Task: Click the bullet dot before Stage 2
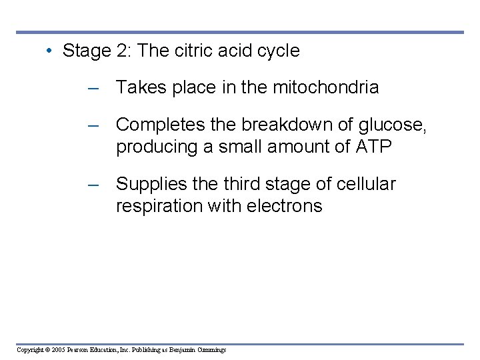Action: [50, 51]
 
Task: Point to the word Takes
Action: [138, 87]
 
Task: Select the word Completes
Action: [161, 125]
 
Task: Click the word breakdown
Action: [292, 125]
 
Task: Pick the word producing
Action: [156, 147]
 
